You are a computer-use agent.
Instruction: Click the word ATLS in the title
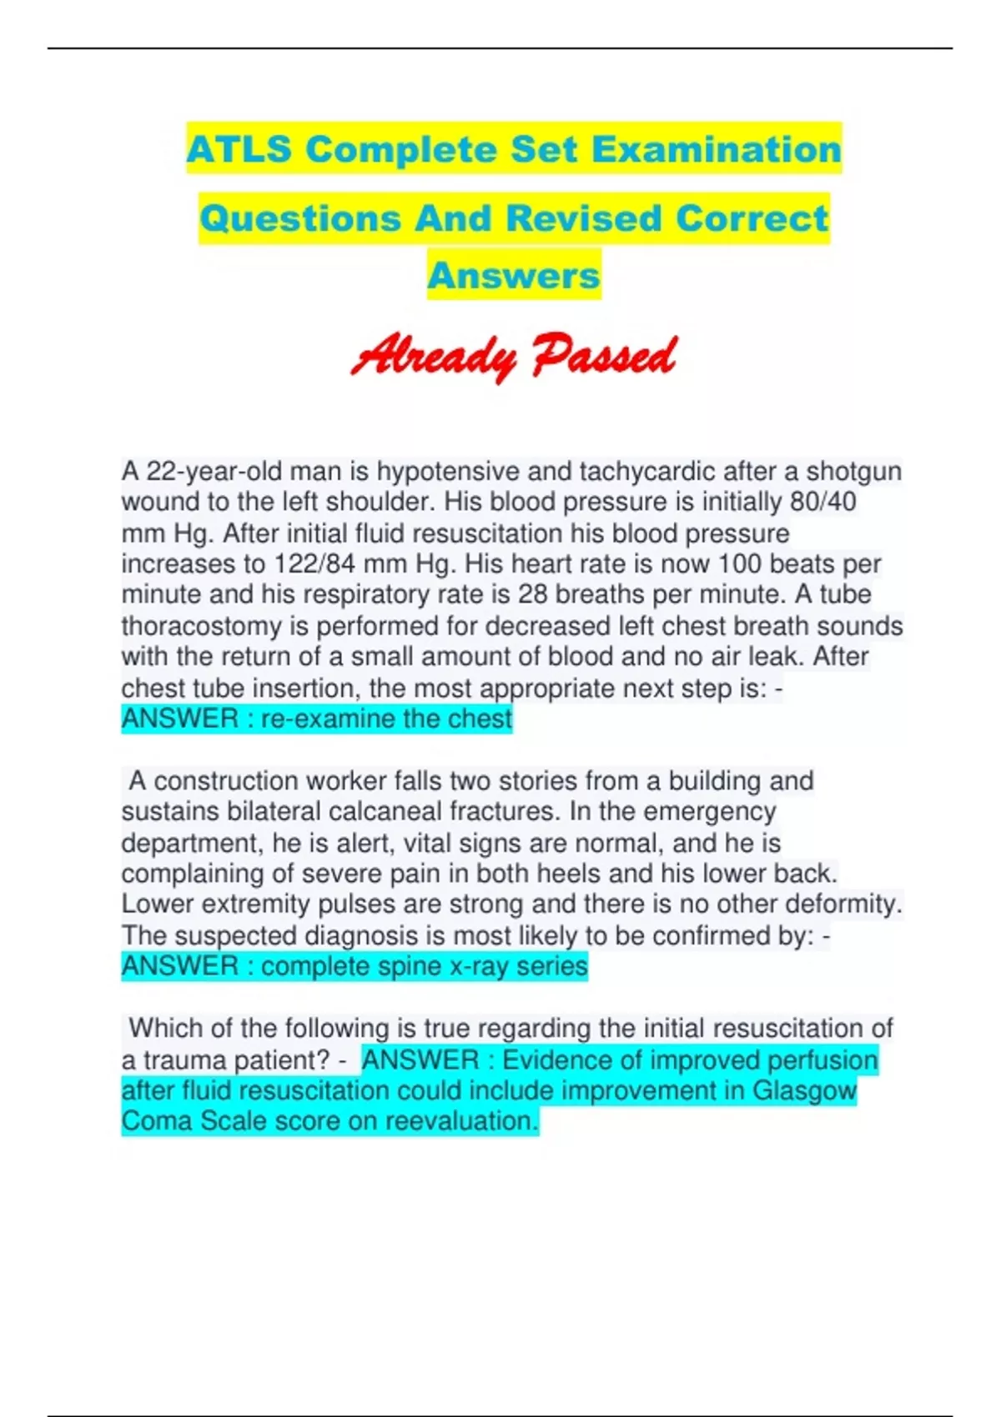tap(239, 150)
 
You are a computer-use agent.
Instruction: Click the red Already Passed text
tap(513, 357)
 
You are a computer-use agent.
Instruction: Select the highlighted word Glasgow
tap(804, 1090)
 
